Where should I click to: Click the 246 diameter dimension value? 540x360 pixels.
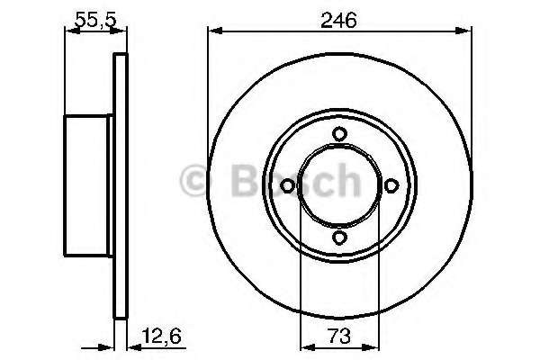(339, 18)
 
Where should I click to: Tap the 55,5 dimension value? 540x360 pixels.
(90, 18)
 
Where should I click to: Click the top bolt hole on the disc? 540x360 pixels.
(339, 134)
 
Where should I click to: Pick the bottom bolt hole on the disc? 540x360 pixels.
(339, 238)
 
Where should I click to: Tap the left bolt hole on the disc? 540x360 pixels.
(287, 185)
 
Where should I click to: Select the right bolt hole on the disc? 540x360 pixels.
(391, 185)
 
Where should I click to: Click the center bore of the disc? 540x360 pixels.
(339, 185)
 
